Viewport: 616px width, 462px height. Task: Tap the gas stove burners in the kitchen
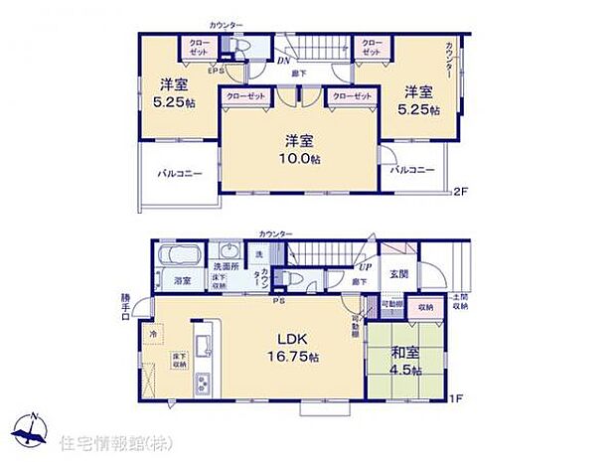(x=205, y=383)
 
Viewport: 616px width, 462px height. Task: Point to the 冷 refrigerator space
(x=153, y=335)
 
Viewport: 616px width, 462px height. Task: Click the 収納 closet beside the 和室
(x=424, y=308)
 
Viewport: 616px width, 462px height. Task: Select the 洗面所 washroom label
(x=225, y=266)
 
